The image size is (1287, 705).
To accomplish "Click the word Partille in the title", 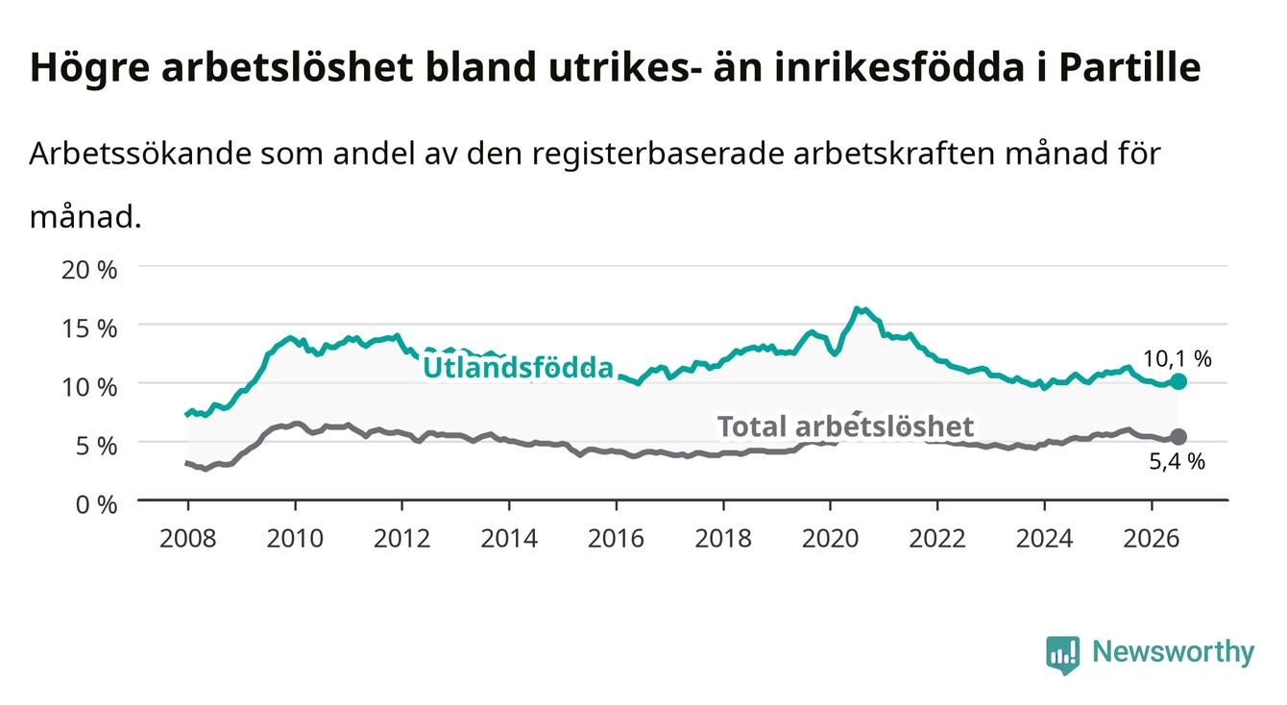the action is [1129, 67].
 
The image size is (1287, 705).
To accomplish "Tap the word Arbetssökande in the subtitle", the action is [141, 154].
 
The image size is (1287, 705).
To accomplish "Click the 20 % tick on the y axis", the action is [89, 270].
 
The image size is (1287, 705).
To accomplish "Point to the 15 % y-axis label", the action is [89, 328].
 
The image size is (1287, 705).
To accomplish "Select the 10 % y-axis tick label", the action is [89, 387].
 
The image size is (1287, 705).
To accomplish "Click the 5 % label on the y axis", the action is [96, 446].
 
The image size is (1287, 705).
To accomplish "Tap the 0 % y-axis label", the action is [96, 504].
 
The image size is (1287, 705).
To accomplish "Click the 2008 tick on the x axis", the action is [188, 539].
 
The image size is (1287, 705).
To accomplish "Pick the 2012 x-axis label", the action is [402, 539].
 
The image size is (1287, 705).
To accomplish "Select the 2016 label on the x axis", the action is [616, 539].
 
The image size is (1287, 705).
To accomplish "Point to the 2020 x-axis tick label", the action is [830, 539].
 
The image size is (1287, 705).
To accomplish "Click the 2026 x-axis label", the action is [1152, 539].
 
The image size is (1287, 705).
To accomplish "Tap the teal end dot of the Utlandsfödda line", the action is [1178, 381].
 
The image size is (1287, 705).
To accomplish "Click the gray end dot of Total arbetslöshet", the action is [1178, 437].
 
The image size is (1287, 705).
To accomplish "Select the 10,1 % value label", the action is [1178, 358].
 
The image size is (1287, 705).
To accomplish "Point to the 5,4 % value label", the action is [1178, 461].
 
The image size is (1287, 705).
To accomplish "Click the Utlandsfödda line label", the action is [519, 368].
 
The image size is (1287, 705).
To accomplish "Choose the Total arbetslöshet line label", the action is [846, 426].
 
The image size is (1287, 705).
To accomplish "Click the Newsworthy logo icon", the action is [1063, 655].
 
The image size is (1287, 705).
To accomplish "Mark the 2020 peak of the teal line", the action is [856, 309].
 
